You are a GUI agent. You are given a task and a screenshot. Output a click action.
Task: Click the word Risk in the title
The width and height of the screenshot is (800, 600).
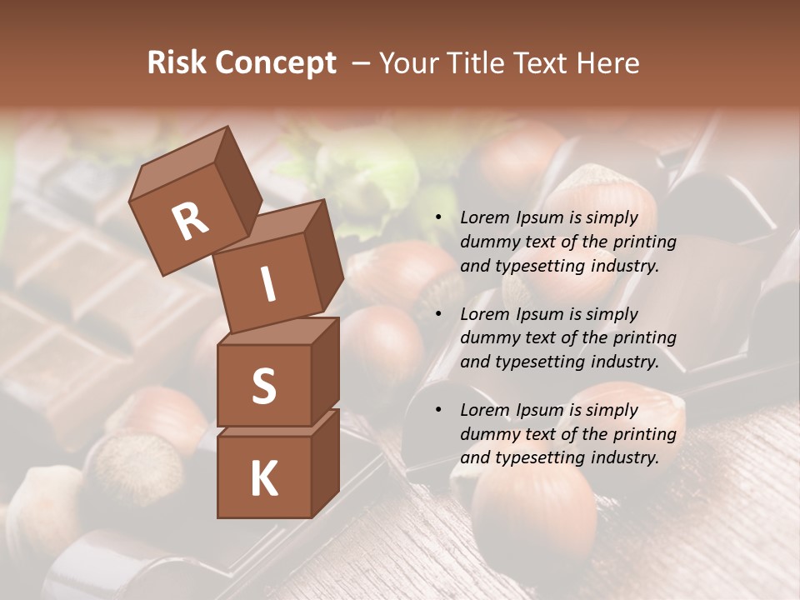tap(177, 63)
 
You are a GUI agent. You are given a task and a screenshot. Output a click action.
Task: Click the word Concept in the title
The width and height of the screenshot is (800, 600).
tap(277, 64)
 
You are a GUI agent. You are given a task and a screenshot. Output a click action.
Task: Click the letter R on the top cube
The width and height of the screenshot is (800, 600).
tap(190, 221)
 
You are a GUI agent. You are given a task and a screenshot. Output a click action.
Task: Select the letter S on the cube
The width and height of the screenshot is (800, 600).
tap(263, 386)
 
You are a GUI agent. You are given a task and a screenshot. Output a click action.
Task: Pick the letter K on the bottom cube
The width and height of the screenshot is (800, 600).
tap(263, 478)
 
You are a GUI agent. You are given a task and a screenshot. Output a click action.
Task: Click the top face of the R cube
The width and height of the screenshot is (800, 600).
tap(178, 161)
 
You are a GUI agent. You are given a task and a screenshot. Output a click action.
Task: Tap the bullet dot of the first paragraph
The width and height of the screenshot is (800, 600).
tap(438, 218)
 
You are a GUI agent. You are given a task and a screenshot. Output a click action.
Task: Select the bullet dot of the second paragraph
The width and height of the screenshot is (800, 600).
tap(438, 314)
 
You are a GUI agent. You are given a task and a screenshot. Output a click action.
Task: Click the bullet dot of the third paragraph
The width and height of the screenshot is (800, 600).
tap(438, 410)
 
